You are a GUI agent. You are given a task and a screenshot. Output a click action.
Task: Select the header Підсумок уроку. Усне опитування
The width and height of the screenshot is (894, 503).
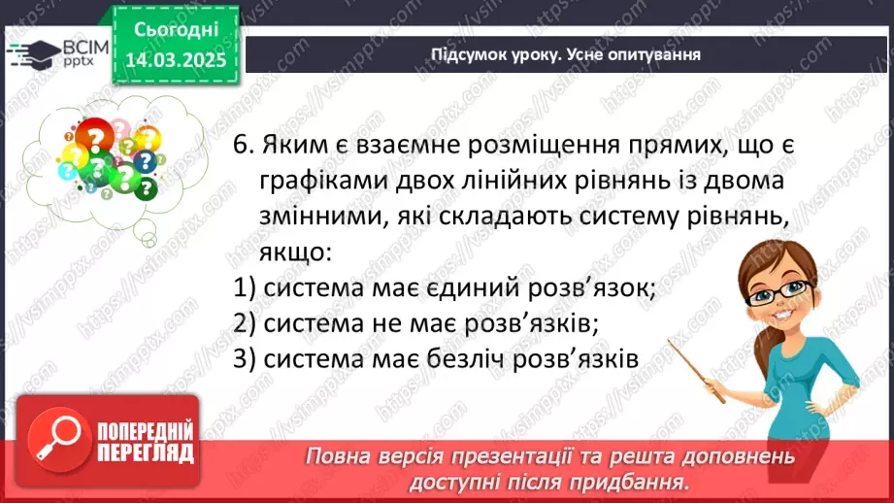[x=565, y=54]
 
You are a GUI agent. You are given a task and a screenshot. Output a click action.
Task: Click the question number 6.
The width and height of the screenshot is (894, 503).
[x=243, y=146]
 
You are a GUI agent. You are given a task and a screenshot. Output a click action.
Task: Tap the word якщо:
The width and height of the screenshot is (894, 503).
[x=295, y=253]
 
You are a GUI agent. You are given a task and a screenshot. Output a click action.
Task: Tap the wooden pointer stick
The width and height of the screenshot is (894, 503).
[x=697, y=367]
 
